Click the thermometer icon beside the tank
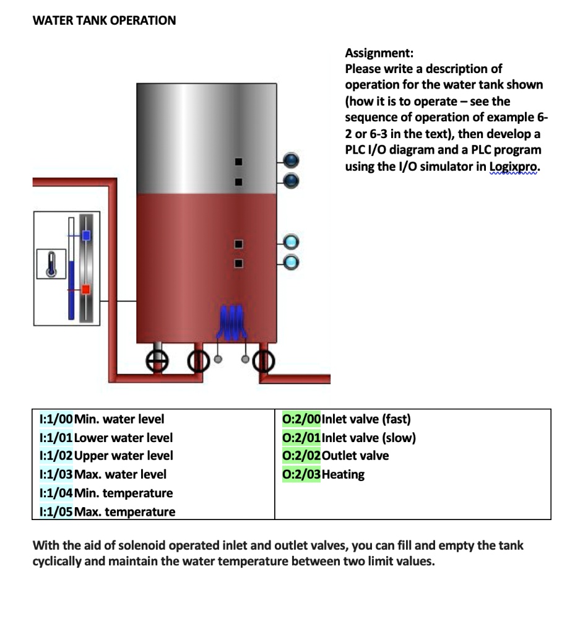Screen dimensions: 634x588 tap(51, 264)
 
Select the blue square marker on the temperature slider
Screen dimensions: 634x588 tap(86, 235)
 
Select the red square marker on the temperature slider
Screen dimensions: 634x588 tap(86, 289)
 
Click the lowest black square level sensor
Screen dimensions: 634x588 tap(238, 264)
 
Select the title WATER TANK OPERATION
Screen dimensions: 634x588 tap(104, 20)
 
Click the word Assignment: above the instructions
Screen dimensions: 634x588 tap(379, 53)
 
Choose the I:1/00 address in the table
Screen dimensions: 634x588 tap(55, 419)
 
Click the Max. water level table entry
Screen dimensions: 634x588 tap(120, 474)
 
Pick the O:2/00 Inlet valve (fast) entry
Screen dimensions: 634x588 tap(346, 419)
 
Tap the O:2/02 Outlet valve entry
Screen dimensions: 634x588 tap(335, 456)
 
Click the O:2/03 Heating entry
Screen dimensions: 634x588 tap(323, 474)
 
